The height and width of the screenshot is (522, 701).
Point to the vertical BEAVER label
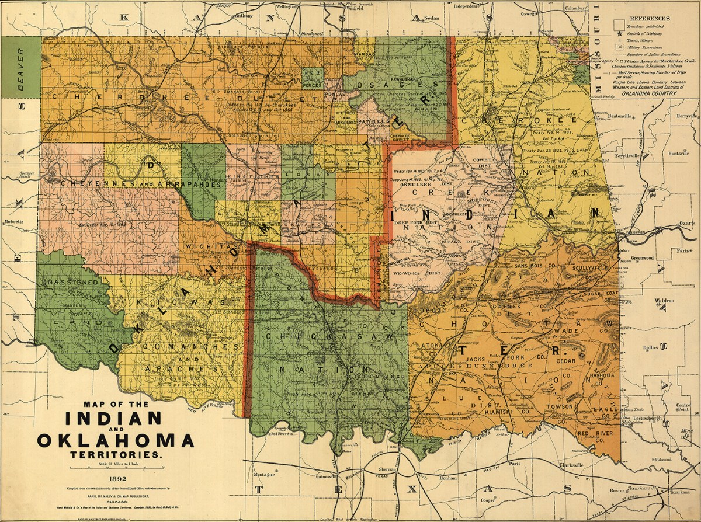pyautogui.click(x=22, y=67)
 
